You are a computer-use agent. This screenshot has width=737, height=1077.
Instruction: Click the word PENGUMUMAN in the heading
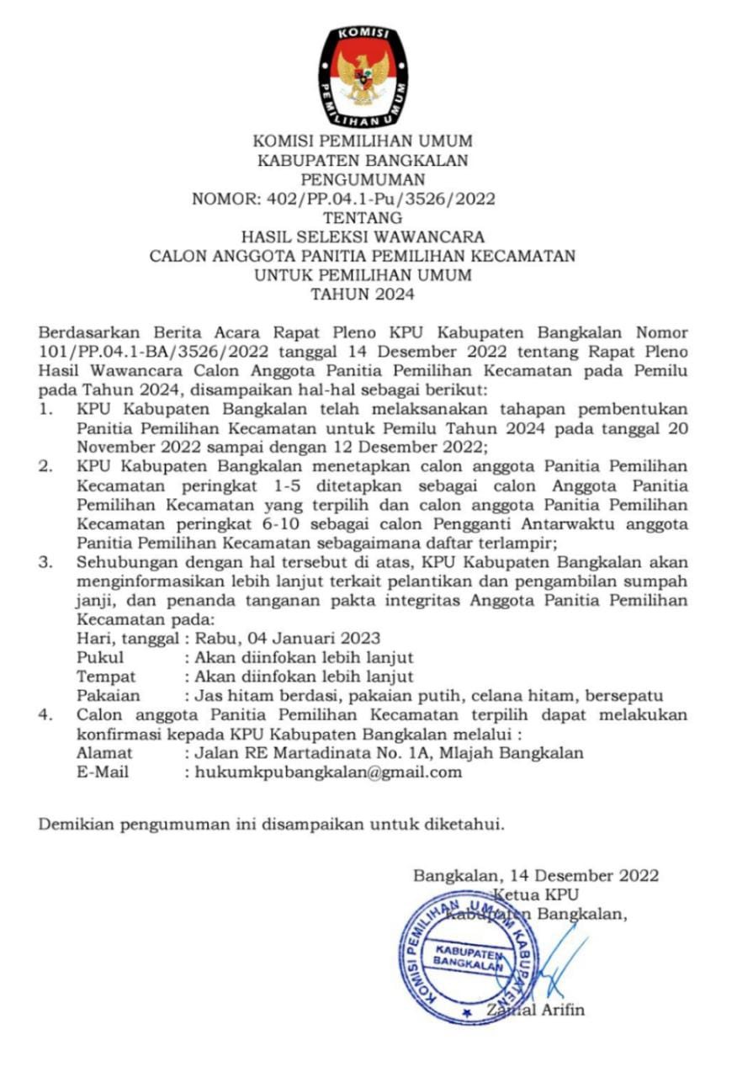363,179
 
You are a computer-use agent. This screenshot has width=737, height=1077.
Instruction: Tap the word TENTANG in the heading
363,218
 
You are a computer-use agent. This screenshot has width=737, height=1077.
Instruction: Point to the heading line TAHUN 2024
363,294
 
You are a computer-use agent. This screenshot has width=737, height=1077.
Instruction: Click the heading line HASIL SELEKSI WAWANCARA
363,237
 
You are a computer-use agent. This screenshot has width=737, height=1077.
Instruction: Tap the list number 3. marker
48,562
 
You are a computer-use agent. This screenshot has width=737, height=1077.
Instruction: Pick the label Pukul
100,656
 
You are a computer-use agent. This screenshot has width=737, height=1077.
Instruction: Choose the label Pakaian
109,696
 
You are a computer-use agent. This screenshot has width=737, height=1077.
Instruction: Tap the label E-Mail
103,772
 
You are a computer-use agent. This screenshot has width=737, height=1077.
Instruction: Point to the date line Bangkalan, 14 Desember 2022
535,875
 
